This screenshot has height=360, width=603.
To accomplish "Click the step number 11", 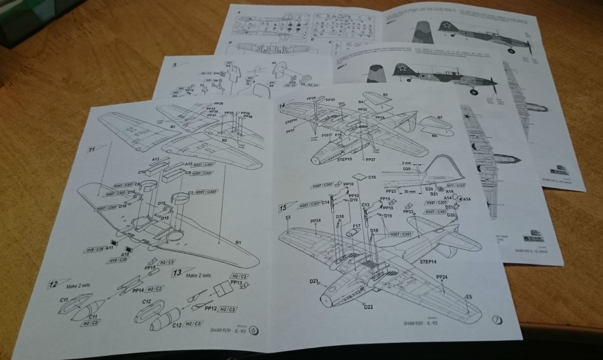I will coord(92,149).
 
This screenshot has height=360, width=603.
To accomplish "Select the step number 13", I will coord(177,273).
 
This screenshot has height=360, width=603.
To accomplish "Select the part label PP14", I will coord(139,290).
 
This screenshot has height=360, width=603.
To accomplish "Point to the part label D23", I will coord(315,282).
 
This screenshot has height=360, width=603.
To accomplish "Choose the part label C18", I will coord(372,177).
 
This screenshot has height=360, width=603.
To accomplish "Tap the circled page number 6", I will coord(253,330).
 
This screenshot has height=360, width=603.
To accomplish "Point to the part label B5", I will coord(386,94).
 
